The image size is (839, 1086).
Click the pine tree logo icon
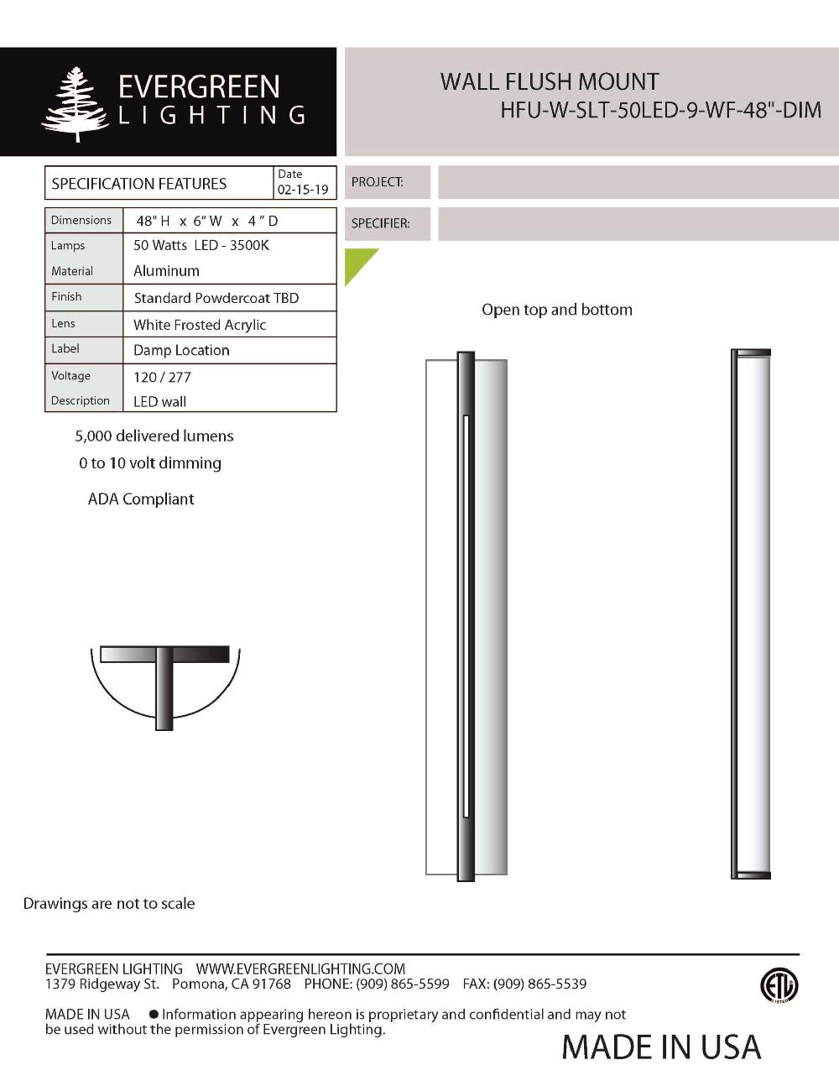[x=76, y=104]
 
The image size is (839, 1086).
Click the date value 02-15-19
[x=303, y=190]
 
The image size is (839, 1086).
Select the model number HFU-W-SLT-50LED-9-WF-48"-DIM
[x=660, y=110]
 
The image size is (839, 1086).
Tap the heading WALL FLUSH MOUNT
[x=550, y=82]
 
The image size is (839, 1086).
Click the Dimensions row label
[x=81, y=220]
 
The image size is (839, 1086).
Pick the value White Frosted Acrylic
[x=200, y=325]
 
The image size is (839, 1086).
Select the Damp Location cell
[x=181, y=350]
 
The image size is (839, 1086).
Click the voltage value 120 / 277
[x=162, y=377]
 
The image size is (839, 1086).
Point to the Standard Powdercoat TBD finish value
[x=216, y=298]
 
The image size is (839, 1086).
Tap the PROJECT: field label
[x=377, y=181]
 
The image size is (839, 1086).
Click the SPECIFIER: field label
[x=380, y=223]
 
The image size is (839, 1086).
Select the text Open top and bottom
[x=557, y=310]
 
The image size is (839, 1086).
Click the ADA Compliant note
[x=141, y=499]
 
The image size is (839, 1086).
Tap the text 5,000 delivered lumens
[x=154, y=436]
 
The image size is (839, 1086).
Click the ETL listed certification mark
[x=779, y=985]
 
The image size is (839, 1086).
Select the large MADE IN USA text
[x=661, y=1047]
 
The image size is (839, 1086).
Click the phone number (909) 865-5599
[x=403, y=984]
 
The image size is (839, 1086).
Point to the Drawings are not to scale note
[x=109, y=903]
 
